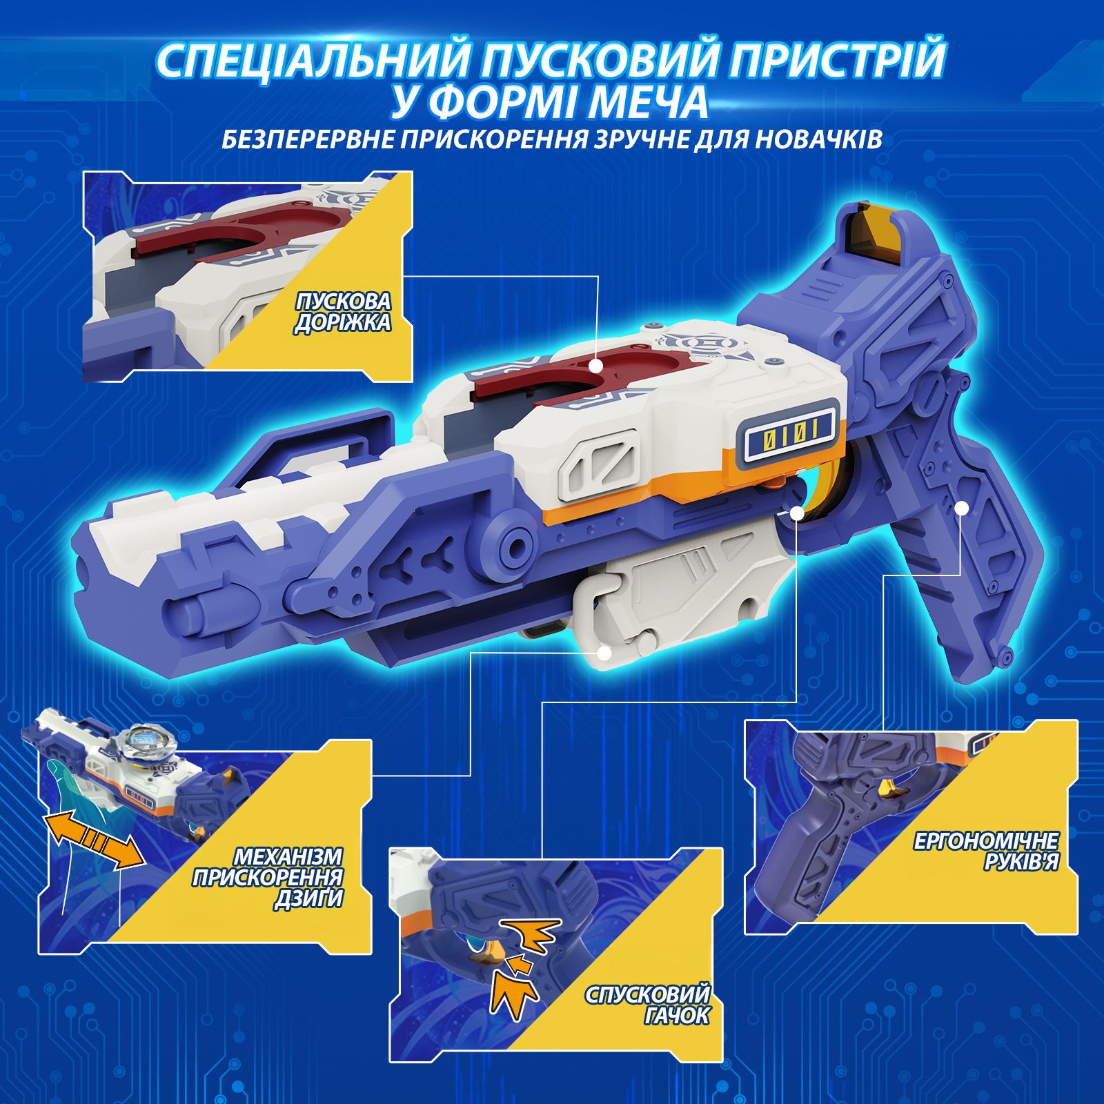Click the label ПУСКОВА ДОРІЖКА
tap(343, 312)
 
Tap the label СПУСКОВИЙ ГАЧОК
tap(647, 1005)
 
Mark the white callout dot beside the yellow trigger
tap(797, 513)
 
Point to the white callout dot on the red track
tap(598, 364)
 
